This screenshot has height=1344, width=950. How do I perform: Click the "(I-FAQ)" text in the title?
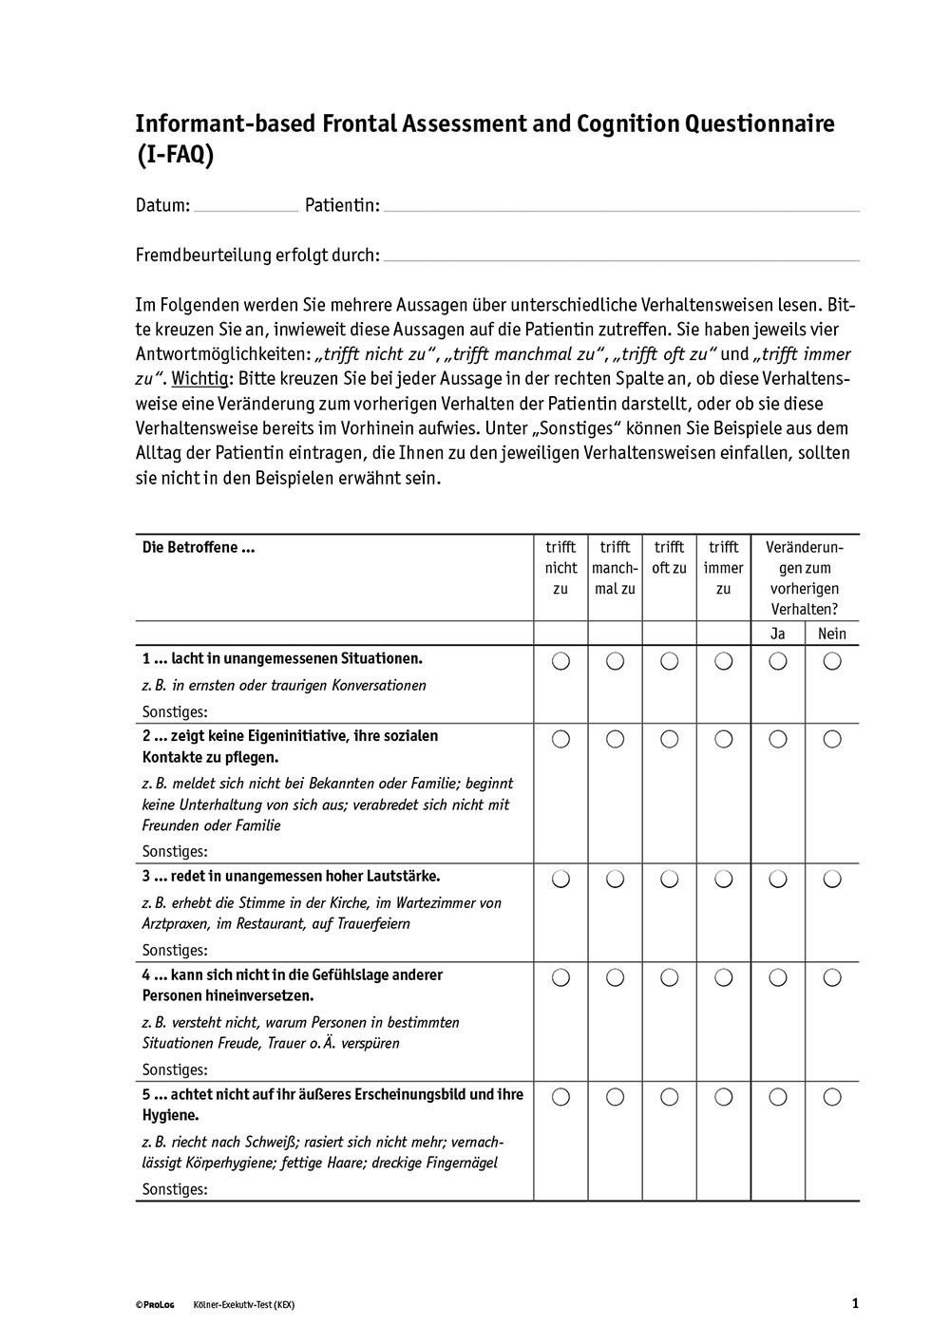click(x=175, y=156)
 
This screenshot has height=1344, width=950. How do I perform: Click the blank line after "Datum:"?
click(x=245, y=208)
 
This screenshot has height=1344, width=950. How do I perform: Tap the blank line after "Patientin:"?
click(x=621, y=208)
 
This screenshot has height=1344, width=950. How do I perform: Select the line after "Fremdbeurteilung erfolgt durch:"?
click(x=621, y=257)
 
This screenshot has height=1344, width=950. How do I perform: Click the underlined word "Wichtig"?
click(x=200, y=378)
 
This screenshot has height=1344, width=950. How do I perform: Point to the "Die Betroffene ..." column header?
click(x=199, y=547)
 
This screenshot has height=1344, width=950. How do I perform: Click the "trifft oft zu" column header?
click(x=669, y=558)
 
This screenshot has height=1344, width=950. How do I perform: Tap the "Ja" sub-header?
click(x=778, y=634)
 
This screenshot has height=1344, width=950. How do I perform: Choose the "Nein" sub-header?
click(x=831, y=634)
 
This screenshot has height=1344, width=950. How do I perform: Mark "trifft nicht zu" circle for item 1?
click(x=560, y=661)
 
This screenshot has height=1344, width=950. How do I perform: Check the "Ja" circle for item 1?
click(x=778, y=661)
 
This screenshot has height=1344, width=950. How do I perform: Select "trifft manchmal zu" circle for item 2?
click(x=615, y=738)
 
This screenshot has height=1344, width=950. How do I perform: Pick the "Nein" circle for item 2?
click(x=832, y=738)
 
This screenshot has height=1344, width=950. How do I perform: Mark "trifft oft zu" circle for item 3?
click(x=669, y=880)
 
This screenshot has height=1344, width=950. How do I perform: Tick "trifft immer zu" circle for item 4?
click(x=724, y=977)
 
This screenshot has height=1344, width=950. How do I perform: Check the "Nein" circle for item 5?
click(x=832, y=1097)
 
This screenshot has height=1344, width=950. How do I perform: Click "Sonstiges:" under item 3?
click(x=175, y=950)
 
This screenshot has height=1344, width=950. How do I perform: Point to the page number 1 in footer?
click(x=855, y=1304)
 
